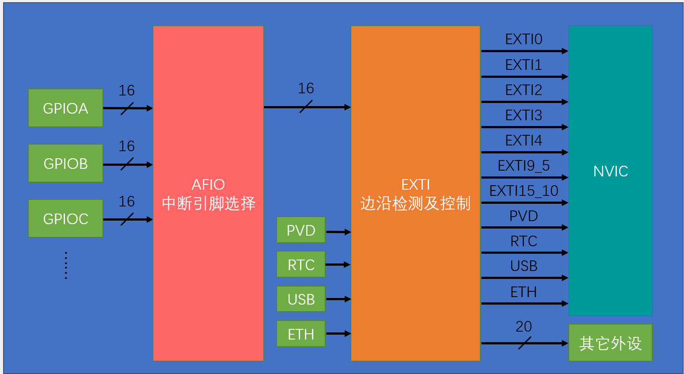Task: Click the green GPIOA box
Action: [x=65, y=108]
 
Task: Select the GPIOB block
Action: [x=65, y=163]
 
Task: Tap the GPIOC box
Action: [x=65, y=218]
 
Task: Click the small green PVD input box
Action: [x=301, y=230]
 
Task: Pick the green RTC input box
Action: [x=301, y=264]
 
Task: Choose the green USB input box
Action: [x=301, y=299]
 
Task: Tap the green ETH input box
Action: [x=301, y=334]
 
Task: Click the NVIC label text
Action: [x=610, y=171]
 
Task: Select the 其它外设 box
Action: [x=610, y=343]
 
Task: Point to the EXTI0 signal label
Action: [x=524, y=39]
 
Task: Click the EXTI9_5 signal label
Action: [x=524, y=166]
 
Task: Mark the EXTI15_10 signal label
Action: [x=524, y=191]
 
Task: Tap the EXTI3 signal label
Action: [x=524, y=115]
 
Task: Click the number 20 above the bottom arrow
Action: [x=524, y=327]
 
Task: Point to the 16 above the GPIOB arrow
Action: [x=126, y=146]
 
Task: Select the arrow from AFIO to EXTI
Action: [x=307, y=107]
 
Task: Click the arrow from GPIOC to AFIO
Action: [x=128, y=219]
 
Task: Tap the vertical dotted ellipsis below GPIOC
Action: [x=66, y=266]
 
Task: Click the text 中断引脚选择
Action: [x=209, y=203]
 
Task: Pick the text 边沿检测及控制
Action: [x=415, y=203]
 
